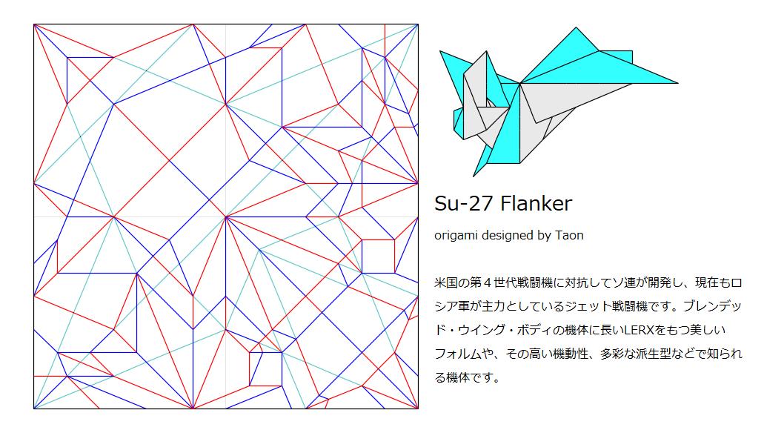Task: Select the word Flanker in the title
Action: [x=536, y=203]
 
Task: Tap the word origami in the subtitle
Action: [x=456, y=236]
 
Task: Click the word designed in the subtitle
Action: [x=506, y=236]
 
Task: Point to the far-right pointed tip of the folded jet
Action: [x=677, y=83]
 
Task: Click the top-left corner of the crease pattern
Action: [x=34, y=24]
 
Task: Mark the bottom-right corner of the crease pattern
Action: [x=418, y=408]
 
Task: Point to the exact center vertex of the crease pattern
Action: [x=226, y=216]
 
